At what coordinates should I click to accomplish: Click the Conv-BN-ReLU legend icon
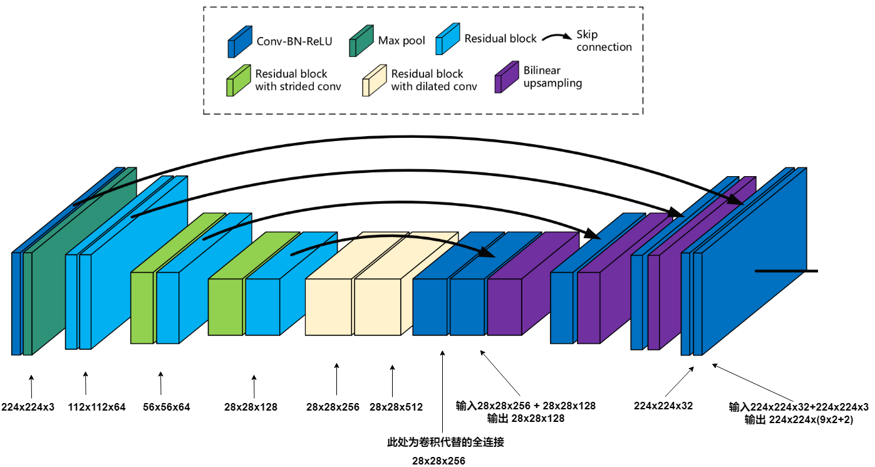click(x=240, y=42)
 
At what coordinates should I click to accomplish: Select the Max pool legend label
click(x=401, y=41)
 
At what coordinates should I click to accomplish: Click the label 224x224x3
click(x=28, y=407)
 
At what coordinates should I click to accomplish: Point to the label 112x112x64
click(x=96, y=407)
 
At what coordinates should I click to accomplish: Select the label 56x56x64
click(x=166, y=407)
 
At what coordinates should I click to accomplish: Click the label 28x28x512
click(x=396, y=407)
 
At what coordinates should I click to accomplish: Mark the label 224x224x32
click(x=663, y=406)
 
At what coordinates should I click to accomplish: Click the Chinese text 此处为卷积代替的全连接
click(x=445, y=442)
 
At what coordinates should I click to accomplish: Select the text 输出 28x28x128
click(x=525, y=418)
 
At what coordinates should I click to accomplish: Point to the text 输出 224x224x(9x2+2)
click(x=799, y=419)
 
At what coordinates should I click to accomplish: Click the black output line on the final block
click(x=786, y=271)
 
